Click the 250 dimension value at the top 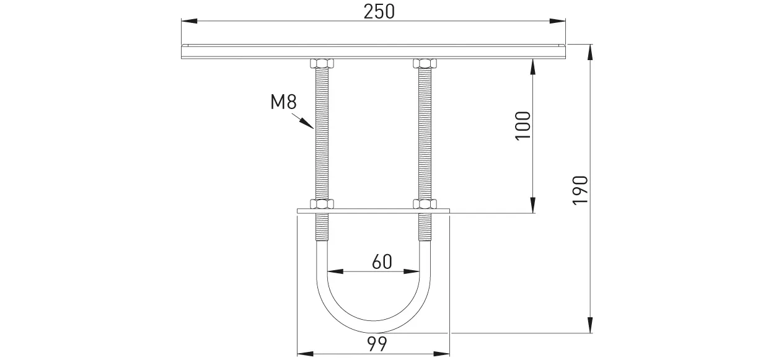379,12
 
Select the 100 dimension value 523,125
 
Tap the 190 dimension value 580,190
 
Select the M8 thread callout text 284,102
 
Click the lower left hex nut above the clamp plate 322,204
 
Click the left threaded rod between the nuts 322,133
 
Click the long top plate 374,51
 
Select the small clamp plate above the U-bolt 374,212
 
